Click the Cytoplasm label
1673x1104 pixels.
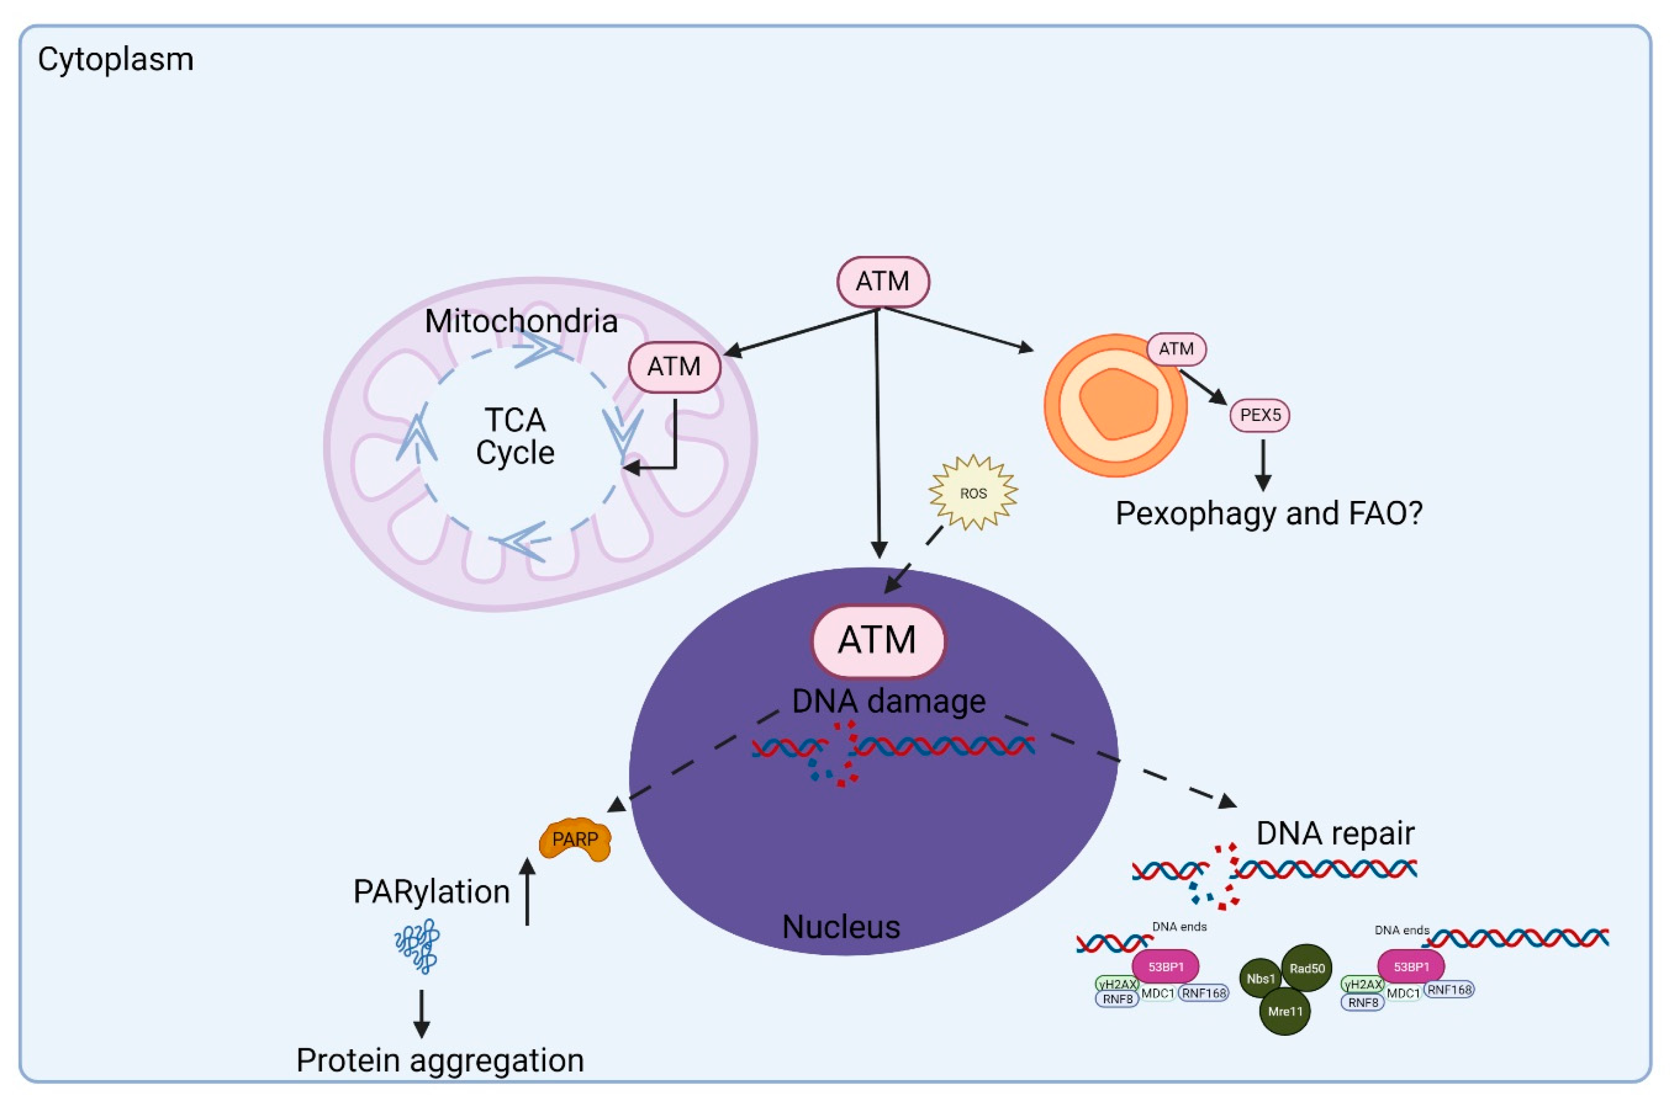click(x=116, y=60)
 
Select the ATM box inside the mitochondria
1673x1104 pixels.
click(x=674, y=366)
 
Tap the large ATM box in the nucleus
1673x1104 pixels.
click(x=877, y=640)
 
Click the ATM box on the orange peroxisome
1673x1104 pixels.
click(x=1176, y=349)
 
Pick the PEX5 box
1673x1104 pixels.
click(x=1260, y=415)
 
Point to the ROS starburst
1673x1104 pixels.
click(x=974, y=493)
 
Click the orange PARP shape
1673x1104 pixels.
click(x=575, y=838)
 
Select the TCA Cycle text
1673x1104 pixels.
click(x=515, y=436)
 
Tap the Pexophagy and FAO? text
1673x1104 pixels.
click(x=1269, y=513)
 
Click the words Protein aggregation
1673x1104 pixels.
click(x=440, y=1060)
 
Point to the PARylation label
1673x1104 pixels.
click(x=431, y=891)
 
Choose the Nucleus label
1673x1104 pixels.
click(x=841, y=926)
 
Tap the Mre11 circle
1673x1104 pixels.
click(x=1285, y=1011)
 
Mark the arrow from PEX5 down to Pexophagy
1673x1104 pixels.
click(x=1263, y=465)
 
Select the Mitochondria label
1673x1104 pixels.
click(x=521, y=321)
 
